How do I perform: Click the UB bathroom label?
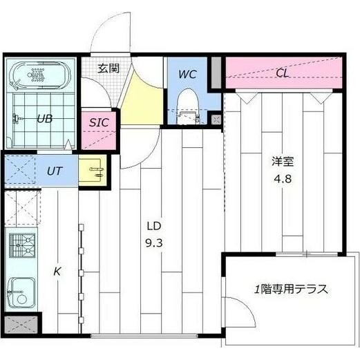click(44, 117)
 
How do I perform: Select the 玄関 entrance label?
click(108, 68)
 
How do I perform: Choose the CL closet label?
click(283, 73)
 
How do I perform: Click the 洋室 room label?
click(283, 163)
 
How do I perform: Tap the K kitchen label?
click(58, 271)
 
